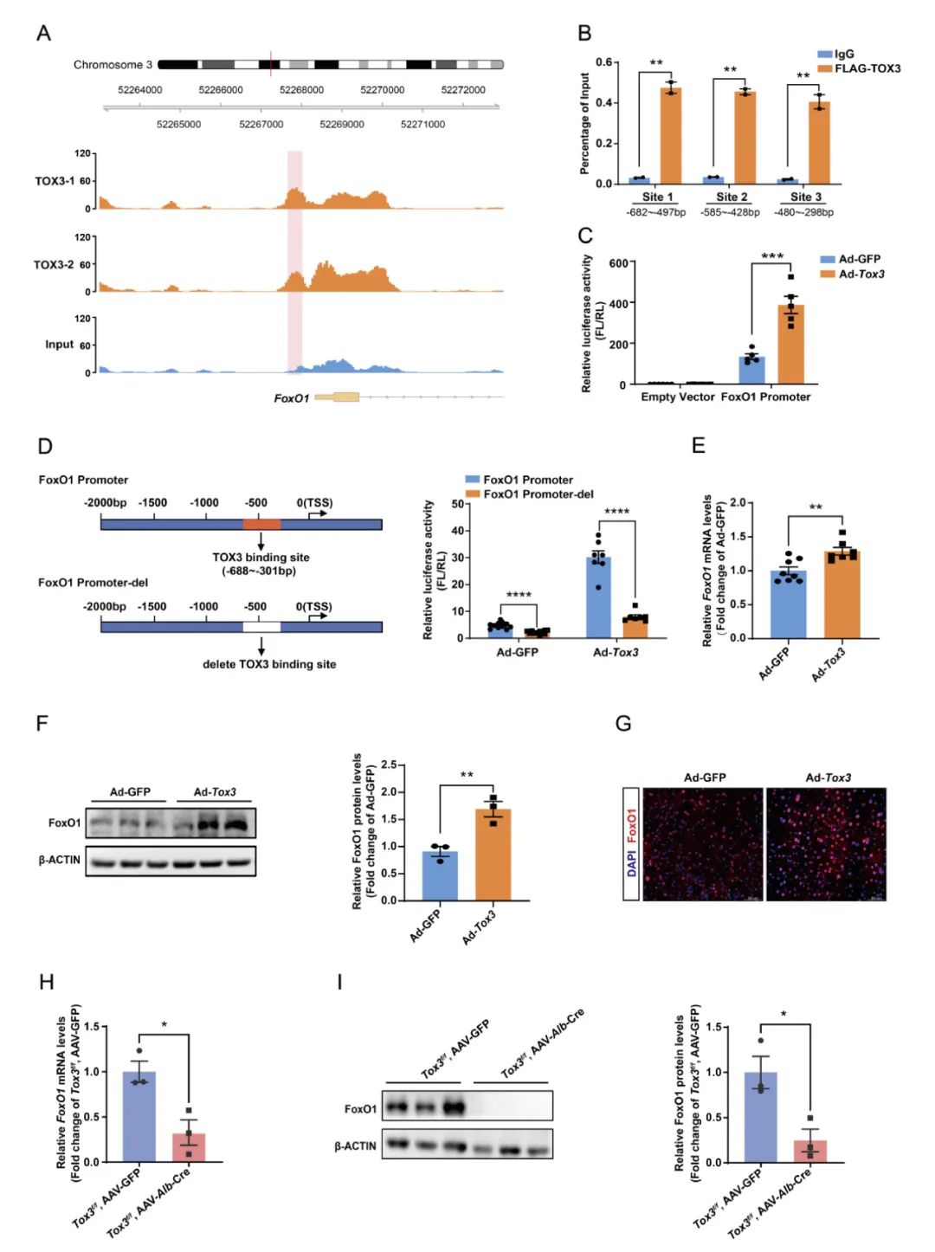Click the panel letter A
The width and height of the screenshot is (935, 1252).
[x=43, y=34]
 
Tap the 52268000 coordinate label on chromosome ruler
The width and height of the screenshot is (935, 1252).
[x=301, y=90]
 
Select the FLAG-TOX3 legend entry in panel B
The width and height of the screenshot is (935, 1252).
[x=867, y=68]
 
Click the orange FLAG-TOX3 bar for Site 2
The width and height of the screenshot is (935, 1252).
[x=745, y=137]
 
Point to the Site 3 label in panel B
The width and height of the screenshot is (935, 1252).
[x=805, y=197]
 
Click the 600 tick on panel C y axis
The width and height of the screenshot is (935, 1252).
[x=618, y=263]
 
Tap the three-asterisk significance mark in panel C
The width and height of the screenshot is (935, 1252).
[x=771, y=256]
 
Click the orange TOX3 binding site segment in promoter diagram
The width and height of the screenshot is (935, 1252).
[x=261, y=524]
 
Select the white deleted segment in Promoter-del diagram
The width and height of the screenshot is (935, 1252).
[x=261, y=627]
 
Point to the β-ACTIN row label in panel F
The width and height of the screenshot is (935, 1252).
[x=60, y=860]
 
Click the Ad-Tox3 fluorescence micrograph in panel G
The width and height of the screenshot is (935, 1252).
[x=826, y=844]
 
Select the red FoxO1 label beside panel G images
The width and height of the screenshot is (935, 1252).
[x=631, y=825]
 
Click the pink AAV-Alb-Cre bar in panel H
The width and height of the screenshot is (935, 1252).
[x=189, y=1146]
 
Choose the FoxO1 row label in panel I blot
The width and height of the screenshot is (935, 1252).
[x=360, y=1109]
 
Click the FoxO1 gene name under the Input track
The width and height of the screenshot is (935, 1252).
[x=291, y=398]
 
